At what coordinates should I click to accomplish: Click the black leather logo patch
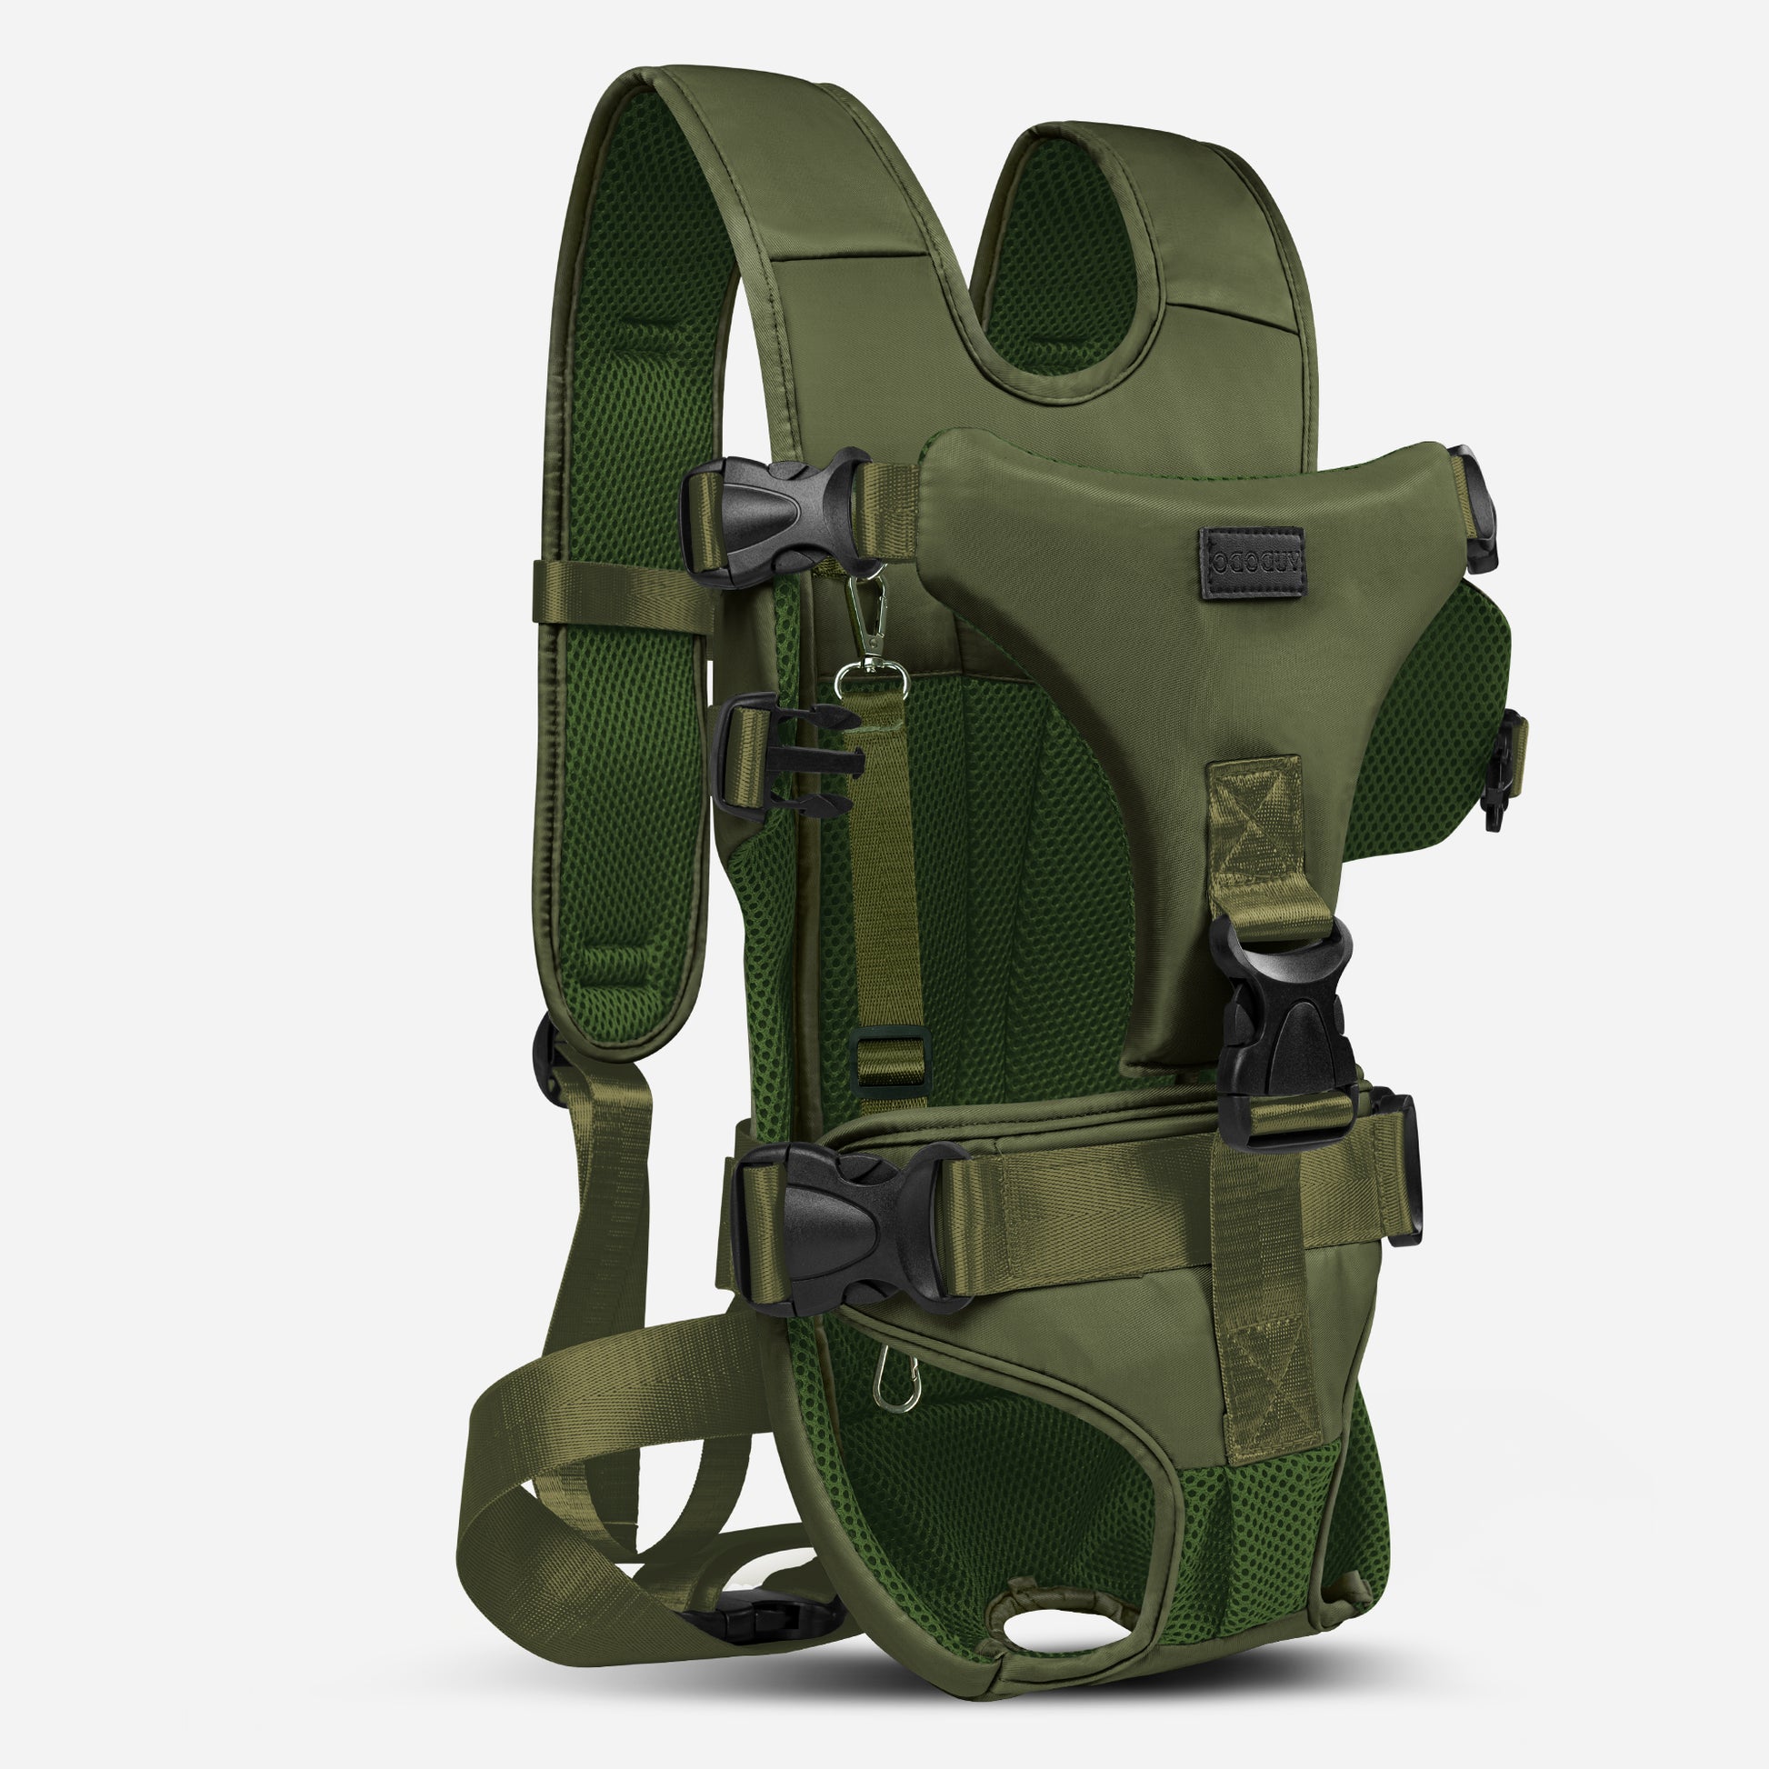pos(1252,561)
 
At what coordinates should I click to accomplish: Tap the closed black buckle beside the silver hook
pos(776,517)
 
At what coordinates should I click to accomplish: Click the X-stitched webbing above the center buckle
pos(1255,825)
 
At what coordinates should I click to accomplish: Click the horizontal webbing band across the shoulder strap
pos(623,595)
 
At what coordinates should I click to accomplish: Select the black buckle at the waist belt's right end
pos(1396,1167)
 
